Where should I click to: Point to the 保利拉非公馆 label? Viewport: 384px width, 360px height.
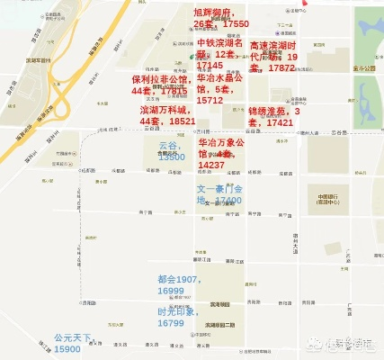(159, 85)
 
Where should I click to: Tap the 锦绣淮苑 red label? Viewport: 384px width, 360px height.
(271, 115)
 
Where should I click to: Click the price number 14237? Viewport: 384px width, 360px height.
(213, 166)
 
